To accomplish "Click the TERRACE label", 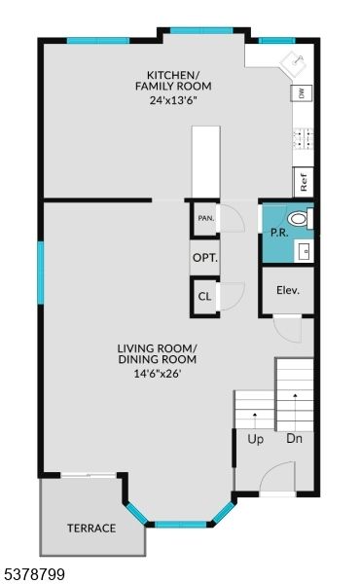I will point(91,529).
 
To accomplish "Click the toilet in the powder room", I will point(301,220).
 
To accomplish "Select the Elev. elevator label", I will point(287,290).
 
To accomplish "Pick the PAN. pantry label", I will point(205,218).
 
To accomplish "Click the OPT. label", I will point(204,258).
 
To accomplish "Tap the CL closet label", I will point(204,296).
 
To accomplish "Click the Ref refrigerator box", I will point(304,181).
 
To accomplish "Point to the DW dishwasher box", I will point(303,93).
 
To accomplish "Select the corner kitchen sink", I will point(292,63).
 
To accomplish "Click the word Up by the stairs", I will point(255,439).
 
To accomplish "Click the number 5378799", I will point(34,574).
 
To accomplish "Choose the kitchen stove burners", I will point(303,137).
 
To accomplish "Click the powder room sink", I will point(305,250).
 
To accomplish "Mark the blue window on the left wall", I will point(41,273).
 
